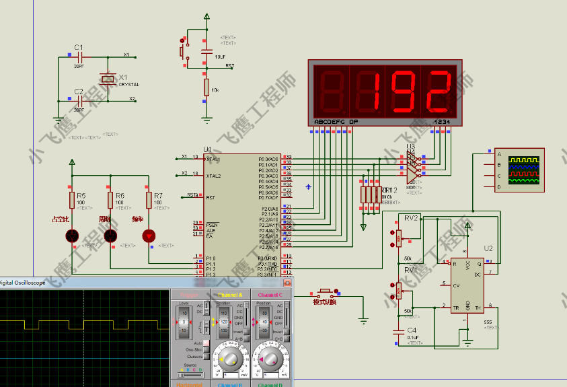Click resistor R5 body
[x=72, y=200]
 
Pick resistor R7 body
[x=149, y=200]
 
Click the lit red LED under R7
[x=149, y=236]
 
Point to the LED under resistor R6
[x=110, y=236]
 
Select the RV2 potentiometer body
[x=398, y=238]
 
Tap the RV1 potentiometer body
[x=398, y=291]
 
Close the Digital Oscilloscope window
[x=287, y=283]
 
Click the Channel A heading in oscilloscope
[x=230, y=295]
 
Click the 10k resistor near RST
[x=206, y=87]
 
